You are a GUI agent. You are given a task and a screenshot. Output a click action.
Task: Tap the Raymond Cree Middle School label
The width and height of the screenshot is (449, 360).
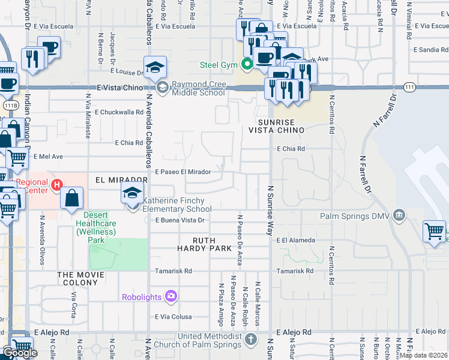pyautogui.click(x=198, y=89)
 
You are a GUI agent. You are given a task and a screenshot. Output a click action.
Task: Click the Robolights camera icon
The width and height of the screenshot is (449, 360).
pyautogui.click(x=171, y=296)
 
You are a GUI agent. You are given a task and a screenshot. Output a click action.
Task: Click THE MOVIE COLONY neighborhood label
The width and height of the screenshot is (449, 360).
pyautogui.click(x=80, y=275)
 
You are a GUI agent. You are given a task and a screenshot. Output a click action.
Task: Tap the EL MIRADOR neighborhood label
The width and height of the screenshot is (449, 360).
pyautogui.click(x=121, y=179)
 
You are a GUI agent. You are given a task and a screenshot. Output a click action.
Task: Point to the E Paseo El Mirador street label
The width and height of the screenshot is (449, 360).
pyautogui.click(x=182, y=172)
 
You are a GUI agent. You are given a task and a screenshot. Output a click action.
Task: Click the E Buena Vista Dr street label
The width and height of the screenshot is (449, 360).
pyautogui.click(x=180, y=220)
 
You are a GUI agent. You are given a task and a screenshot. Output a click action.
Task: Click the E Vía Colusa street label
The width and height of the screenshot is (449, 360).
pyautogui.click(x=173, y=317)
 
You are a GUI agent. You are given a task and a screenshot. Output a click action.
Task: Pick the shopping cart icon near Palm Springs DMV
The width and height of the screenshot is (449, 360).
pyautogui.click(x=434, y=232)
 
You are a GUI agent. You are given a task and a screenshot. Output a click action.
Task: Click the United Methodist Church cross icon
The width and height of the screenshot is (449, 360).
pyautogui.click(x=252, y=340)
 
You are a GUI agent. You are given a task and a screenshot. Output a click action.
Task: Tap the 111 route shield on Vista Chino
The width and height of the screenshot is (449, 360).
pyautogui.click(x=409, y=87)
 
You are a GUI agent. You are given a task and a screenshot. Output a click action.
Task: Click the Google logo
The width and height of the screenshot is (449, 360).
pyautogui.click(x=20, y=353)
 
